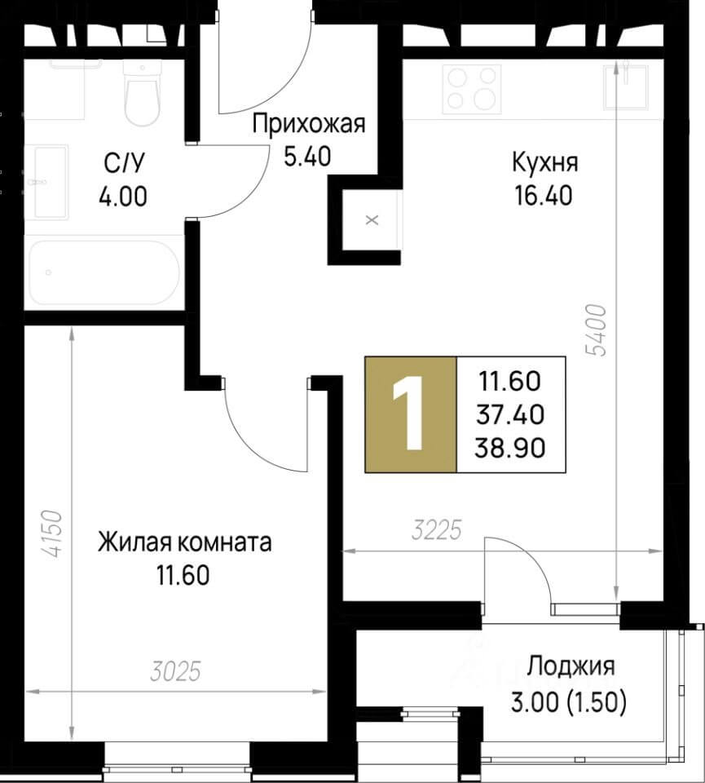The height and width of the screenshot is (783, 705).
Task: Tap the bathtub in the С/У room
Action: pos(104,272)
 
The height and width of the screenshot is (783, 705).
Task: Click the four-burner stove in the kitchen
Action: pos(472,89)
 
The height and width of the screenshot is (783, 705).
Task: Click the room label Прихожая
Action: pos(309,125)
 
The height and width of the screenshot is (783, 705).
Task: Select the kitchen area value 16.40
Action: pos(544,196)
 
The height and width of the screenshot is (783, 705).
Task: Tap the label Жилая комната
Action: pos(184,542)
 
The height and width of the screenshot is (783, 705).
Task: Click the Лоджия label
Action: pos(571,666)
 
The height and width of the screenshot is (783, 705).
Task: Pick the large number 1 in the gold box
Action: pos(410,415)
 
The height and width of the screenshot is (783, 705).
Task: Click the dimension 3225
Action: pos(436,533)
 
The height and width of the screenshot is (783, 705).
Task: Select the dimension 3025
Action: pos(175,672)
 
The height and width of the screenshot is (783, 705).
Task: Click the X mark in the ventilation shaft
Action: pos(372,219)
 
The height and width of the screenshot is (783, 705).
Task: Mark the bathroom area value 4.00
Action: pos(125,197)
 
